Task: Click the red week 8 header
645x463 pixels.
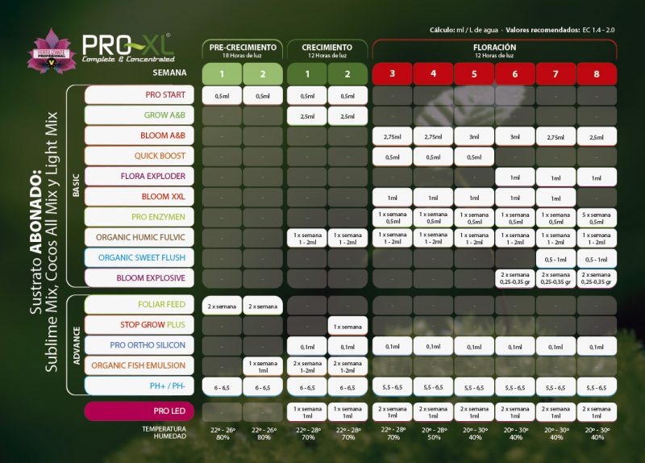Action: pos(597,74)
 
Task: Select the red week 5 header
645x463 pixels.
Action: pos(474,74)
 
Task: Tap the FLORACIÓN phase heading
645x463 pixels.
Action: pos(494,48)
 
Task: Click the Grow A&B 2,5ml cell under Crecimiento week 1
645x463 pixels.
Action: pos(307,116)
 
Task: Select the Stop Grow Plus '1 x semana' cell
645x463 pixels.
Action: pos(347,326)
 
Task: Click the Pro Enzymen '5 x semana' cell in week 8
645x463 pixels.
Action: pos(597,217)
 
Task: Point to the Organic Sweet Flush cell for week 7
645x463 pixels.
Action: pos(556,258)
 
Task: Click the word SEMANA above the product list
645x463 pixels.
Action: pos(171,73)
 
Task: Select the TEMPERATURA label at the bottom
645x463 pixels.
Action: pos(163,428)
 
